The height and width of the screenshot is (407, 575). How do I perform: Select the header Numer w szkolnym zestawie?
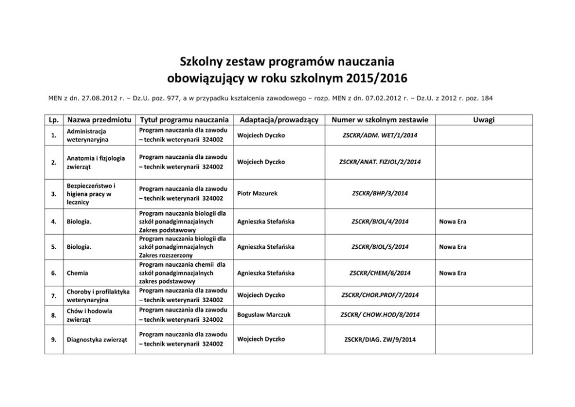380,119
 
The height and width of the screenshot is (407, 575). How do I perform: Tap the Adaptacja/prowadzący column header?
279,119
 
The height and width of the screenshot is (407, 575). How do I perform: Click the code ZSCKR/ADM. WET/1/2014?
380,135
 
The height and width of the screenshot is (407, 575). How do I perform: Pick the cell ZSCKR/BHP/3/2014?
380,193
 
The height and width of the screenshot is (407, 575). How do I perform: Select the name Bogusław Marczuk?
263,314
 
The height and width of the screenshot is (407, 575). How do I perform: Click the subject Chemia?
77,272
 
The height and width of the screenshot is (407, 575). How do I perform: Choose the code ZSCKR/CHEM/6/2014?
380,272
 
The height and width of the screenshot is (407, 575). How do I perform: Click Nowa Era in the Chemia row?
453,272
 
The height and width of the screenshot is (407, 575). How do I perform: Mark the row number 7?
53,295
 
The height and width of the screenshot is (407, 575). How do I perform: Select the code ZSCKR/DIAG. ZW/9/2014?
380,339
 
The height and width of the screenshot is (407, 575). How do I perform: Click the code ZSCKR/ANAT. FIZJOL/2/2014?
380,162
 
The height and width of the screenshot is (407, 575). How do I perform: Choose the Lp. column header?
53,119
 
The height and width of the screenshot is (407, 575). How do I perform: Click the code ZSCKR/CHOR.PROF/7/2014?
380,295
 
